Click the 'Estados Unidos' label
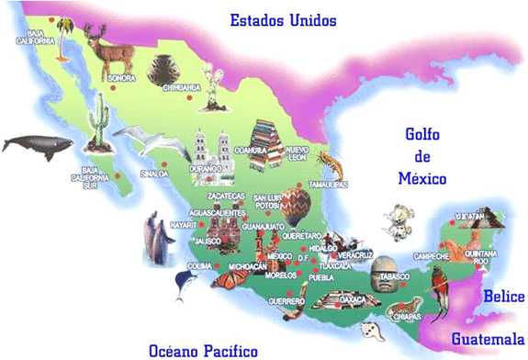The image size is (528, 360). click(283, 19)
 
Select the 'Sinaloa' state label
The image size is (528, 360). click(154, 173)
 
